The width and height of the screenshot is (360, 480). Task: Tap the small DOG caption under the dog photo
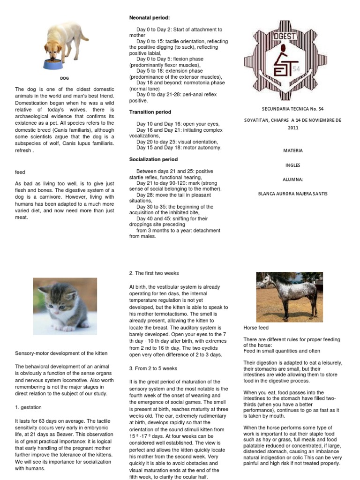coord(65,78)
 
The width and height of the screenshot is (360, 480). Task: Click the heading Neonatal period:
coord(150,17)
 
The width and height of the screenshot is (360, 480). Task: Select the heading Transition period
coord(150,112)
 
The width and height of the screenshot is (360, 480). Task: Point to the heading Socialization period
coord(153,159)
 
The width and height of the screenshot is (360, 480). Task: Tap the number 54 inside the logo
coord(295,69)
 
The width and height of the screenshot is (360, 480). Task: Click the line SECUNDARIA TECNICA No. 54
coord(293,109)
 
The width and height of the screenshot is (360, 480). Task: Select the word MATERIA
coord(293,150)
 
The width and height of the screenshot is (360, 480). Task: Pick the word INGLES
coord(293,165)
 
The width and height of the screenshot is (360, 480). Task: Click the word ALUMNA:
coord(293,179)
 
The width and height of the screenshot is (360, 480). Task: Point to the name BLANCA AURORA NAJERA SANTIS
coord(293,194)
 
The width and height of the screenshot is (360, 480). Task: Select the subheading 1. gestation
coord(29,407)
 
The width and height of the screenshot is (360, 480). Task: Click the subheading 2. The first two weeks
coord(153,273)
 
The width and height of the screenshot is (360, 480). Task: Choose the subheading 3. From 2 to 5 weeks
coord(153,368)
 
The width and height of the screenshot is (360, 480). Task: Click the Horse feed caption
coord(256,328)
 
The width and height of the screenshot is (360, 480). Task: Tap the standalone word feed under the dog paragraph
coord(20,172)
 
